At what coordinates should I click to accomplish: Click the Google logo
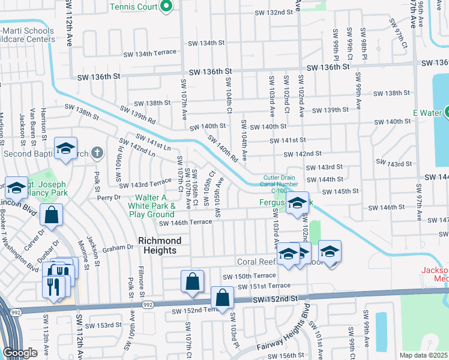tap(20, 353)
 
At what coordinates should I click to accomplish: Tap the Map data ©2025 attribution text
tap(423, 355)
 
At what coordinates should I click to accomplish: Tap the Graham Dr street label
tap(117, 247)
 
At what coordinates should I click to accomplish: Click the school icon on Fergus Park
tap(297, 203)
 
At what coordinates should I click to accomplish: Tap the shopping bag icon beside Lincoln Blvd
tap(52, 215)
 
